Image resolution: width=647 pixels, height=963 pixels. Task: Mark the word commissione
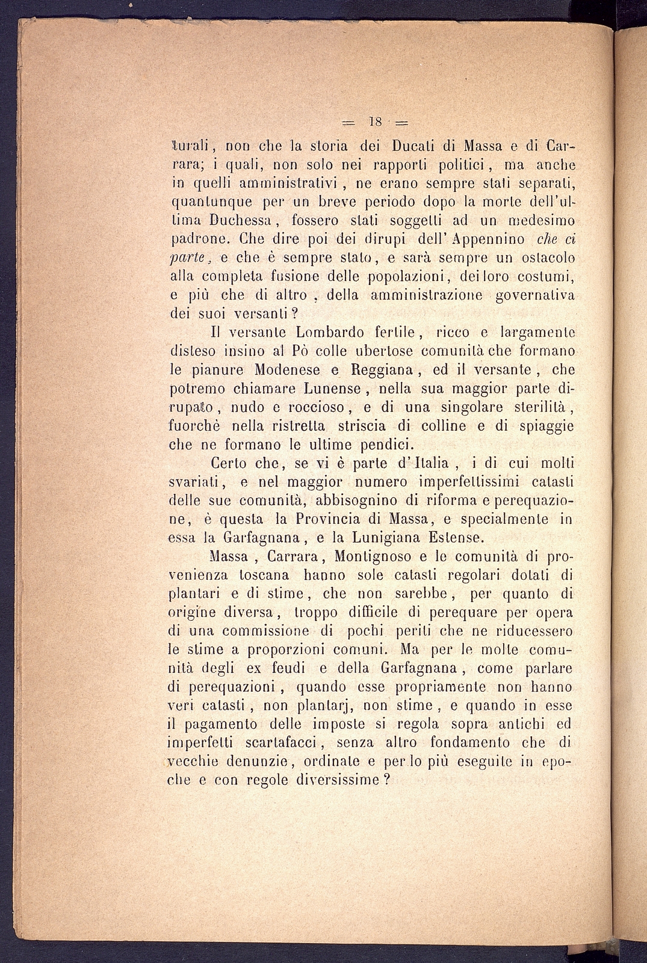click(267, 632)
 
